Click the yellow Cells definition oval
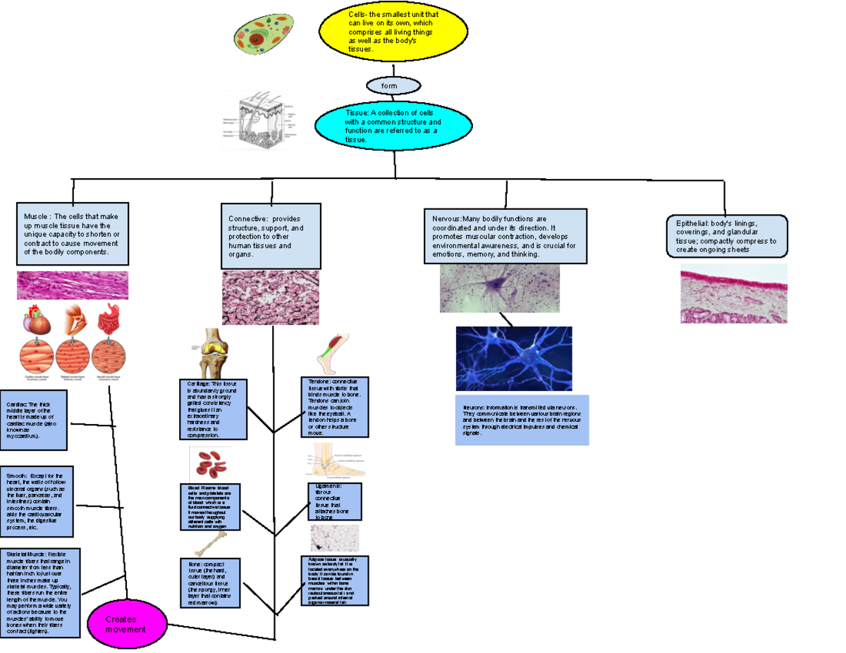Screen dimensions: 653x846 (393, 32)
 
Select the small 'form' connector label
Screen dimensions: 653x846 (393, 86)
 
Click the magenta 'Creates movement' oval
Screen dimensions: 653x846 (128, 623)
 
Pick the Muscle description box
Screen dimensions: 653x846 (72, 235)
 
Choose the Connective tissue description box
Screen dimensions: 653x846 (271, 236)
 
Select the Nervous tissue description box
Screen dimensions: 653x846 (505, 236)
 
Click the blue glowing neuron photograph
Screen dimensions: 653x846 (514, 359)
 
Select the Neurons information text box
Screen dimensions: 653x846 (522, 420)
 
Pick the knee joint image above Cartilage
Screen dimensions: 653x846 (211, 353)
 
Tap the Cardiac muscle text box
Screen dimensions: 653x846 (34, 420)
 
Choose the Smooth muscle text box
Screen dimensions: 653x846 (37, 501)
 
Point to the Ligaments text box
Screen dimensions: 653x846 (335, 501)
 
